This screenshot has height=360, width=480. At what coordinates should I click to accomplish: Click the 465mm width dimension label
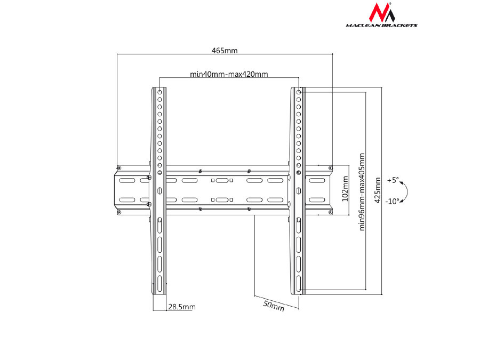point(225,50)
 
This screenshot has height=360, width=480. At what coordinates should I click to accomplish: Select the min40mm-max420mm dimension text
point(229,74)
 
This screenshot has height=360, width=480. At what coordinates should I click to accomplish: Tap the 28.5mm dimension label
point(181,307)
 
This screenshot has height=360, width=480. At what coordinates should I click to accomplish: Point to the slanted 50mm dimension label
point(274,306)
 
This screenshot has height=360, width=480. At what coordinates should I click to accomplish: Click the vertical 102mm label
point(345,189)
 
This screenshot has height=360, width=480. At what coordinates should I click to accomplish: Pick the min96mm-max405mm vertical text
point(362,192)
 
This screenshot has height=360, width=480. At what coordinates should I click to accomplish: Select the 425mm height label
point(378,190)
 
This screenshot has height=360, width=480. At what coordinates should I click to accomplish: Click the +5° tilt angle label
point(393,180)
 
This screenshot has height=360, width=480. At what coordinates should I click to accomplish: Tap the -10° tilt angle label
point(392,201)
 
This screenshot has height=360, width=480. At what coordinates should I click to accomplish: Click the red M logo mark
point(381,12)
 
